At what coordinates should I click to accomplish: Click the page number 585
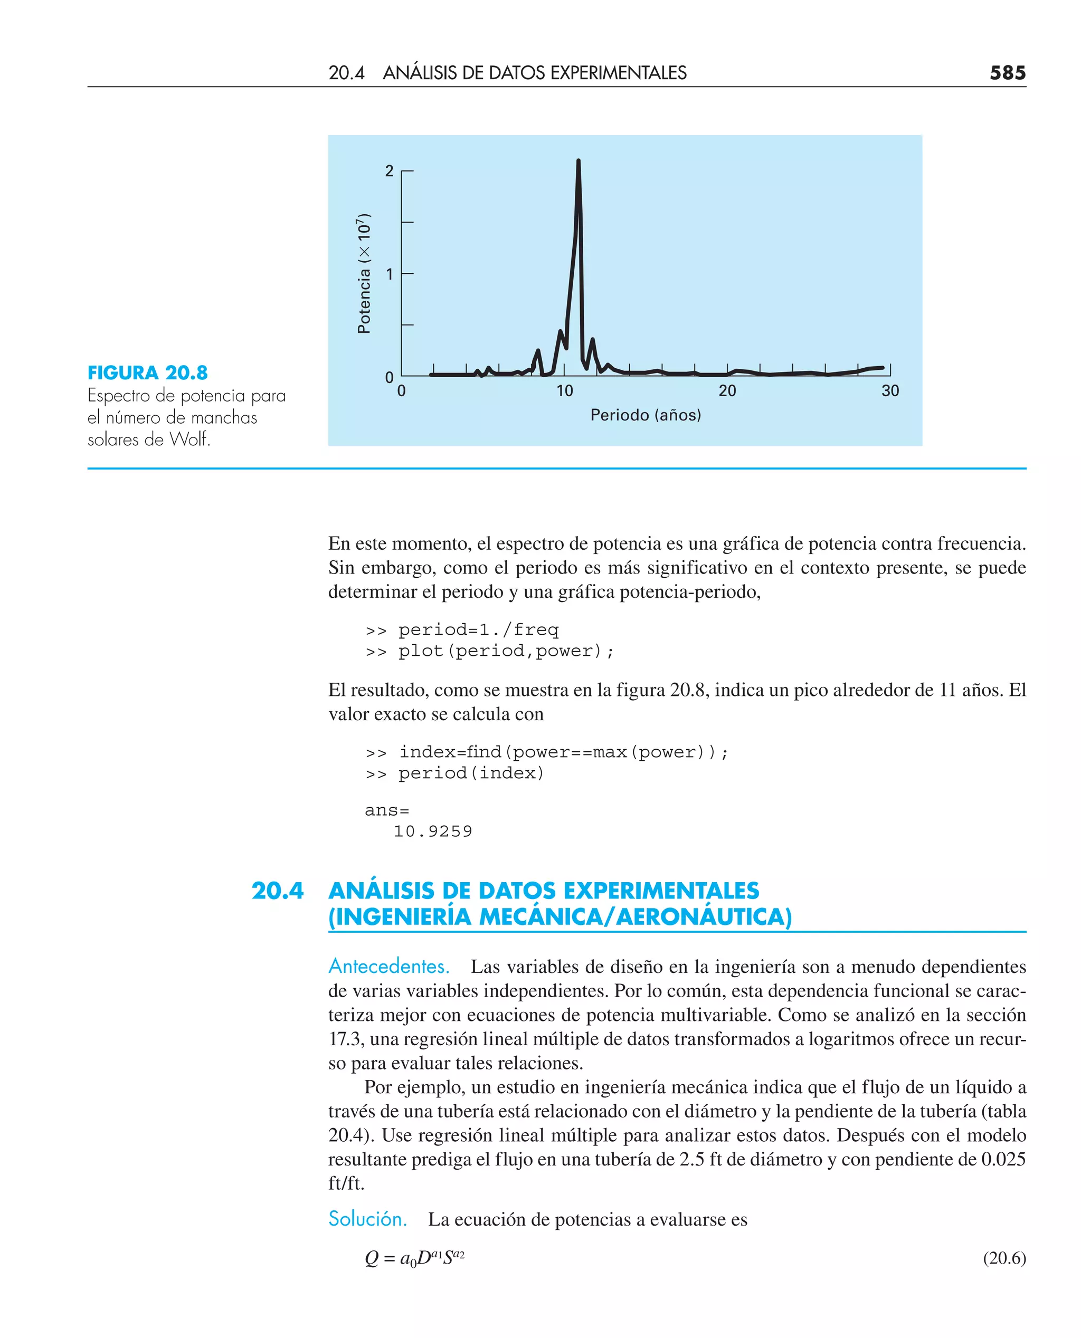pos(1007,73)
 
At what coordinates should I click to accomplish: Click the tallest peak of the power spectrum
pos(578,162)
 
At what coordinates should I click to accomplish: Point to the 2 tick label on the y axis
pos(389,170)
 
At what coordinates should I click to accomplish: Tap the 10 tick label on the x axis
pos(564,391)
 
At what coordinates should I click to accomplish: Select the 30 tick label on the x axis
pos(890,391)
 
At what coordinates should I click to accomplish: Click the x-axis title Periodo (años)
pos(645,415)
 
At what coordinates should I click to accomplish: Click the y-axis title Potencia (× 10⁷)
pos(364,273)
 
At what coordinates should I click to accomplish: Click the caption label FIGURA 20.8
pos(148,373)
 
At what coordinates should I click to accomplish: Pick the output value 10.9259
pos(433,832)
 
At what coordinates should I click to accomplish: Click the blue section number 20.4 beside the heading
pos(277,891)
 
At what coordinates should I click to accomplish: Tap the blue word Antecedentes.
pos(388,966)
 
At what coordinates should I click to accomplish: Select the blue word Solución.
pos(367,1219)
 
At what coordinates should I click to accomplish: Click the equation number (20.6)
pos(1004,1258)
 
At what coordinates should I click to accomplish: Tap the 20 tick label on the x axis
pos(727,391)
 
